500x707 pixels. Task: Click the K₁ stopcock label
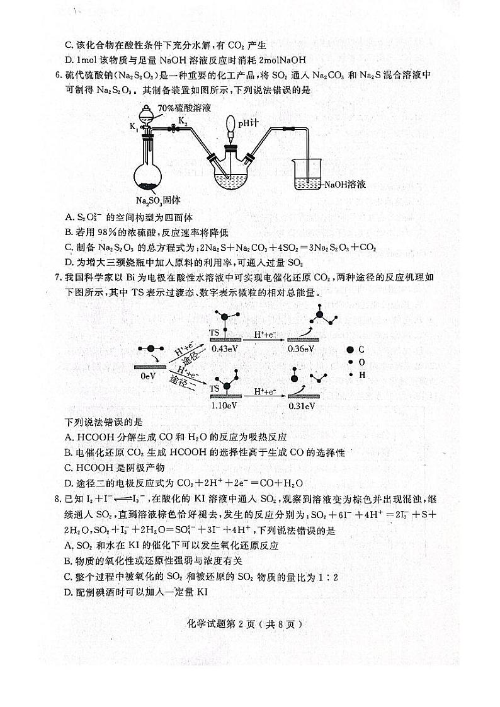coord(134,127)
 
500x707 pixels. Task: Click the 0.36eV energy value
coord(301,348)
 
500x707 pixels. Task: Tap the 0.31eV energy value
coord(301,406)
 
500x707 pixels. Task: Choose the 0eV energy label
coord(148,376)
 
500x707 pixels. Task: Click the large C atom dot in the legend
coord(349,349)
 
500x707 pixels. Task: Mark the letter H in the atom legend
coord(362,375)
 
